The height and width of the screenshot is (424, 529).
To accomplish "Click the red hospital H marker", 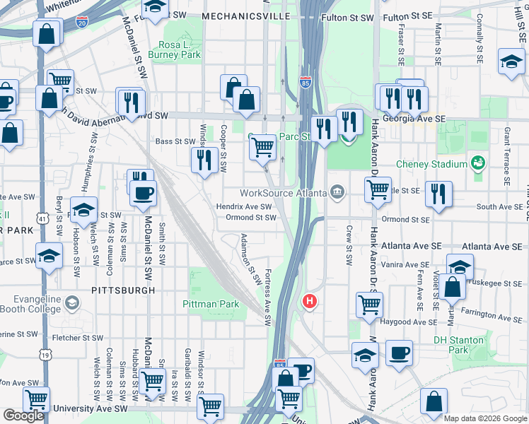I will pos(309,301).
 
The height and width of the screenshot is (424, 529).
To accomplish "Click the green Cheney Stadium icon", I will pos(478,164).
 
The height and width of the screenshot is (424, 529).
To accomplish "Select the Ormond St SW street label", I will pos(250,218).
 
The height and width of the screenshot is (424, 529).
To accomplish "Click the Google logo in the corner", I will pos(23,416).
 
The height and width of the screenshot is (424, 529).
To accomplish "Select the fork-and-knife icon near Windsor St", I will pos(204,159).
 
